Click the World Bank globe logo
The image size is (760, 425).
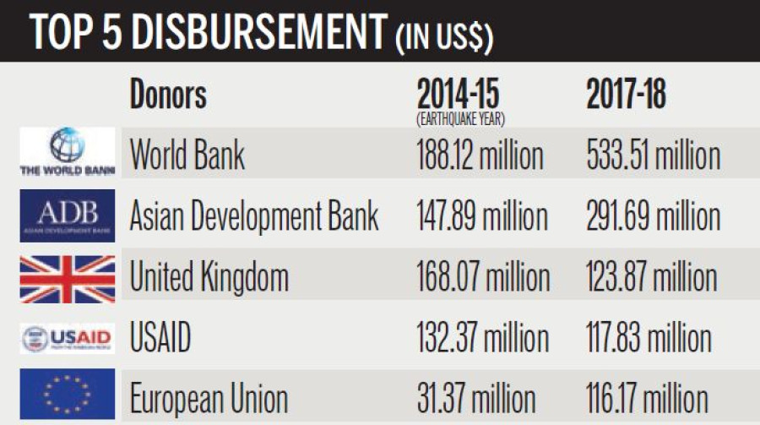pos(67,152)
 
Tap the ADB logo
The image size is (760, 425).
pos(67,215)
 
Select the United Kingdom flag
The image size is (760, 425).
pos(67,278)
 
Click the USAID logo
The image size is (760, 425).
pos(67,339)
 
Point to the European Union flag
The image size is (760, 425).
pos(67,395)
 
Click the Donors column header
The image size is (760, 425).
pos(168,95)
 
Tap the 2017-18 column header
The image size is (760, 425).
pos(626,95)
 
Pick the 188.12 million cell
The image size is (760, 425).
pos(480,155)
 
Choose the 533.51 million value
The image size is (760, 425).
pos(653,155)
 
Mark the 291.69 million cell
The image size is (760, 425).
pos(653,217)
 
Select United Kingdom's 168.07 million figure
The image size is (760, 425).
pos(482,278)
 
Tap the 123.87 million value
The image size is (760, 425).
pos(651,278)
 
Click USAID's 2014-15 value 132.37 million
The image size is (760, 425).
pos(481,339)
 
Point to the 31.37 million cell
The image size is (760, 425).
pos(475,399)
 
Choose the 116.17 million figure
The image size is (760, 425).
pos(647,399)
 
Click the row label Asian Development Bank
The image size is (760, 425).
pos(253,217)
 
